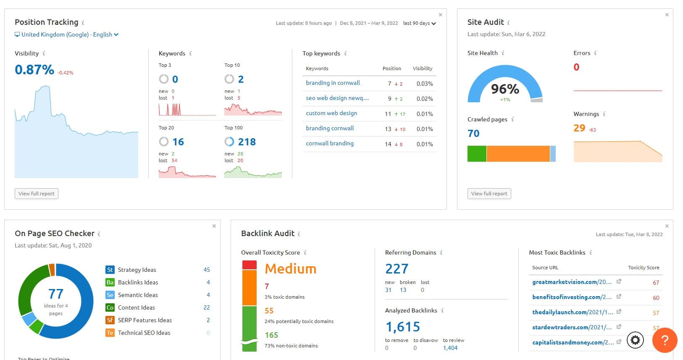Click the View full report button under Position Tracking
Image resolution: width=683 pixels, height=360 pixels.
(x=37, y=194)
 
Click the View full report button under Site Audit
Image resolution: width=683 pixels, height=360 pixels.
(x=489, y=194)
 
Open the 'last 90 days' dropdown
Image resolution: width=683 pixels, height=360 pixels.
(x=419, y=23)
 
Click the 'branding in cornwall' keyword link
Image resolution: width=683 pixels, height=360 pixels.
(x=333, y=83)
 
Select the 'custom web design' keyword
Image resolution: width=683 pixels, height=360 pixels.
(x=331, y=113)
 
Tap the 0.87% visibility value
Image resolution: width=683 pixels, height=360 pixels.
(x=34, y=70)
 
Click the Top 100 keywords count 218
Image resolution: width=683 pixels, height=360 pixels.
(x=247, y=142)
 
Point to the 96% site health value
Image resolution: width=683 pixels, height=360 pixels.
(x=505, y=89)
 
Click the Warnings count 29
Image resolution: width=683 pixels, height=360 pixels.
(x=579, y=128)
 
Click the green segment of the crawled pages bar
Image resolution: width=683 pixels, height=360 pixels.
(x=477, y=154)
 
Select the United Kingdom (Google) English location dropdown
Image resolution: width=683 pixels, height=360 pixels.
(x=67, y=34)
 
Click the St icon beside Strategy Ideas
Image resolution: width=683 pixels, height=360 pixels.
(x=110, y=270)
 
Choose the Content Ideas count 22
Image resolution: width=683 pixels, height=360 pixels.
(x=206, y=307)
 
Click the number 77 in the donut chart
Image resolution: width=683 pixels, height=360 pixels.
(x=55, y=294)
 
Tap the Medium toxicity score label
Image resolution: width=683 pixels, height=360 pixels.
(x=290, y=269)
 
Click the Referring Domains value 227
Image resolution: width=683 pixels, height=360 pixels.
(x=397, y=269)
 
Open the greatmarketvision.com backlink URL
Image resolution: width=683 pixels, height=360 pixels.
(x=572, y=282)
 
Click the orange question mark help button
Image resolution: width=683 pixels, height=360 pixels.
(x=665, y=340)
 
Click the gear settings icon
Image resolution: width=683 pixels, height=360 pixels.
(x=635, y=340)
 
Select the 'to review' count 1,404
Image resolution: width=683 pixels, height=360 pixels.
(x=450, y=348)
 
